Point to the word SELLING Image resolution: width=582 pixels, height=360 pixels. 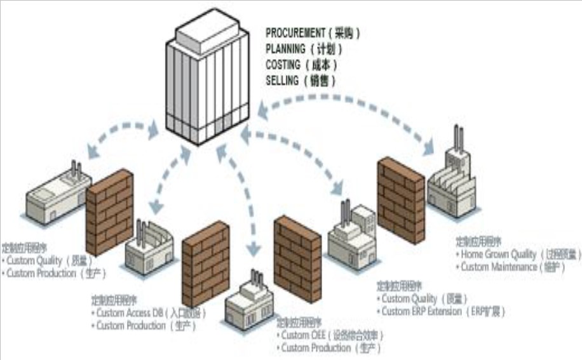tap(281, 81)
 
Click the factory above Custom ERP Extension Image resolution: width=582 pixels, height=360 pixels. tap(351, 234)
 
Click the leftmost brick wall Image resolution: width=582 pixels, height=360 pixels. tap(109, 213)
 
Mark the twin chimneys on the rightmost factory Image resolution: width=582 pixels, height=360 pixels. tap(457, 137)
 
